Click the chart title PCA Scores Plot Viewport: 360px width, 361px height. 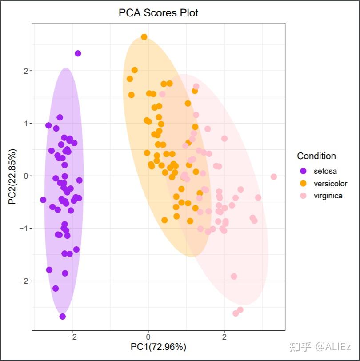(158, 13)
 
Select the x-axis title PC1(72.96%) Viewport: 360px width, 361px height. (158, 346)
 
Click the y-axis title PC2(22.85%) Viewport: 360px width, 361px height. (12, 176)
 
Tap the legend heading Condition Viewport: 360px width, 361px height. (316, 156)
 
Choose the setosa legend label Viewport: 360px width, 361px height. (325, 171)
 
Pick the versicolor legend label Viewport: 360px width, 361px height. (330, 183)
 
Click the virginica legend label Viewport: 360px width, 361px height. (328, 196)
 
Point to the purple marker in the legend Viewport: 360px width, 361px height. (304, 171)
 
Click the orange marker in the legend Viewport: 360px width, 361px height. (304, 183)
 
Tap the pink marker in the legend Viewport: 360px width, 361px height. (304, 196)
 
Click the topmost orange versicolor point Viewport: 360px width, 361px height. (144, 37)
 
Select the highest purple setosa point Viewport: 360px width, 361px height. (78, 53)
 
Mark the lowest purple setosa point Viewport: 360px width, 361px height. (63, 317)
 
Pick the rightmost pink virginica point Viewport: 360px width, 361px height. (274, 177)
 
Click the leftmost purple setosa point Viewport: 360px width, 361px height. (43, 200)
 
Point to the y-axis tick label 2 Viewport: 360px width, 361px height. (26, 71)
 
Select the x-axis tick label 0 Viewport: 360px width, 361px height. (148, 337)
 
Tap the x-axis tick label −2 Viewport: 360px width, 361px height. (72, 337)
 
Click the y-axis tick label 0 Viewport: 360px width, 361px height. (26, 176)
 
